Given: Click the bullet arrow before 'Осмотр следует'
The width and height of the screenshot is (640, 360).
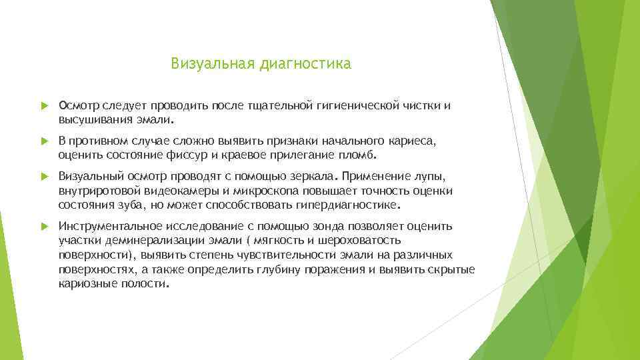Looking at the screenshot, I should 44,105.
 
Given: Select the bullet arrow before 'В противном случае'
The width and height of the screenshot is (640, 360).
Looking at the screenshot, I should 44,142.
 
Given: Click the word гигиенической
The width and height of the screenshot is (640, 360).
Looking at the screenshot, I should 364,105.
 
